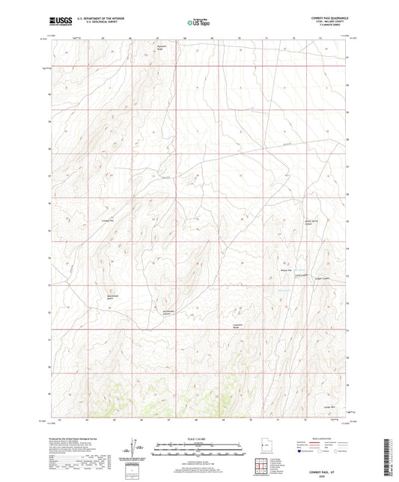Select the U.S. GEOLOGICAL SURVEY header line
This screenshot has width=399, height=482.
pos(88,24)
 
